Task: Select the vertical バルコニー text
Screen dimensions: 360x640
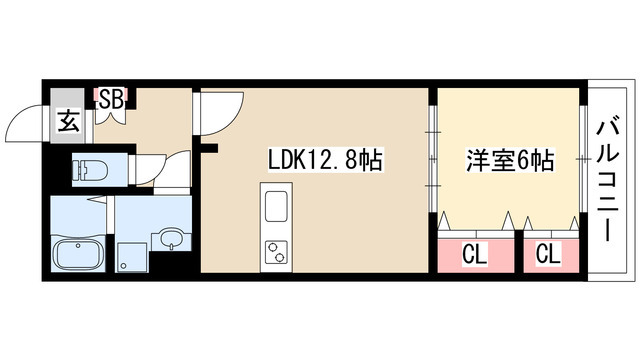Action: (x=607, y=180)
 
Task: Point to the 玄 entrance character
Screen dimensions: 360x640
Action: (x=68, y=122)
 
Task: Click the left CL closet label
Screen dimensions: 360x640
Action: (x=473, y=254)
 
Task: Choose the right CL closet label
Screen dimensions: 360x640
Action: (x=547, y=254)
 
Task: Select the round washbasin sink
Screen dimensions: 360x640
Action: (x=171, y=240)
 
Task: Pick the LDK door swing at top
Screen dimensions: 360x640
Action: (x=220, y=110)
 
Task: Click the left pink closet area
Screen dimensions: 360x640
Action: (x=473, y=254)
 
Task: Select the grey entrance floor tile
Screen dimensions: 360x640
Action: (x=68, y=122)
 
